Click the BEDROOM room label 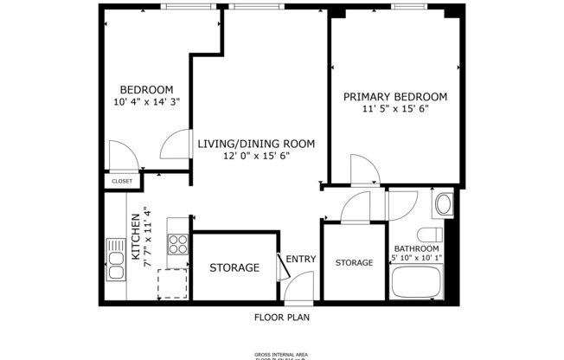tap(146, 90)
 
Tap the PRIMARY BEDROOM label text tap(394, 96)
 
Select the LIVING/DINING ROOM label tap(255, 144)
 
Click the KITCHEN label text tap(136, 237)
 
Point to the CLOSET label tap(122, 182)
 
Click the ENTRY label tap(301, 259)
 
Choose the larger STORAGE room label tap(234, 268)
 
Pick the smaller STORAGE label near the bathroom tap(354, 262)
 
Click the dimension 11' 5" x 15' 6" tap(395, 109)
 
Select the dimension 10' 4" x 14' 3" tap(146, 102)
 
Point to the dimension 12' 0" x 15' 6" tap(255, 156)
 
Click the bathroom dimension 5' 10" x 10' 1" tap(416, 257)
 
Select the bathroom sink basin tap(443, 205)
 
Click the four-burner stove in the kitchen tap(178, 244)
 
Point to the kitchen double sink tap(115, 259)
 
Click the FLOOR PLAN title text tap(281, 317)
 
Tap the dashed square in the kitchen tap(172, 283)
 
